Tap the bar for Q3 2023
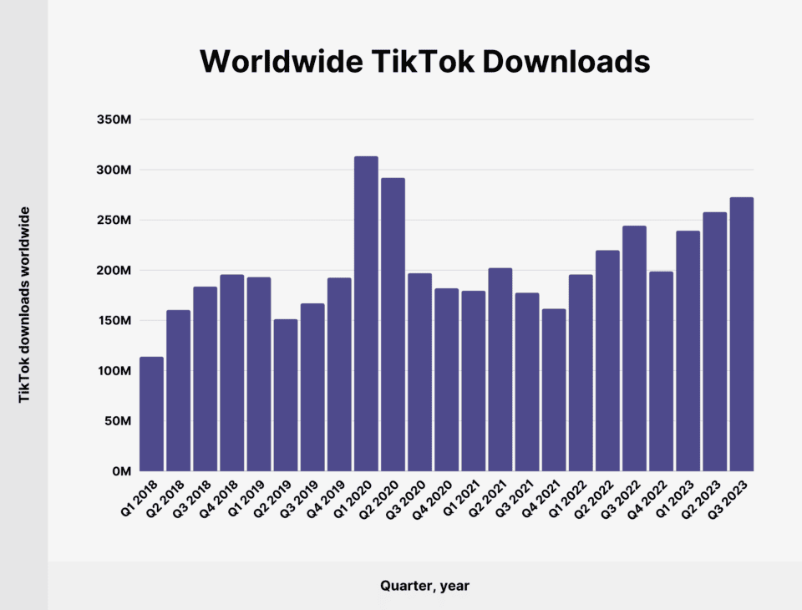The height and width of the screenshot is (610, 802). (741, 334)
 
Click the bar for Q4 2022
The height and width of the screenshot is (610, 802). (661, 371)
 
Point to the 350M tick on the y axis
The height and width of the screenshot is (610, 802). (114, 119)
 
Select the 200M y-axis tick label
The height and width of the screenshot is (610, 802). (114, 271)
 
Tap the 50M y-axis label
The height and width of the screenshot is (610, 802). (118, 421)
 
